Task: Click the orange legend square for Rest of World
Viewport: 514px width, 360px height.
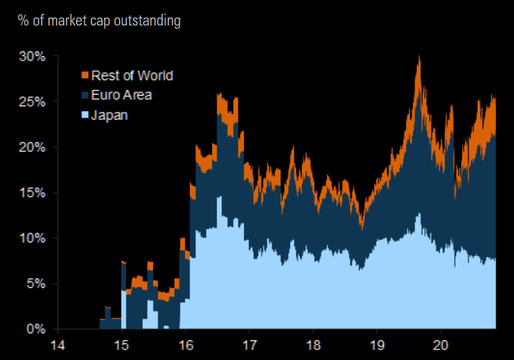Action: [x=84, y=75]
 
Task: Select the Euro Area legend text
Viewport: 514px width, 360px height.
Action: [x=122, y=95]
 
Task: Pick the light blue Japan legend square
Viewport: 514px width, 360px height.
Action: [x=84, y=115]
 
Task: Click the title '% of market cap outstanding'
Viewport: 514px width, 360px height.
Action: [x=99, y=21]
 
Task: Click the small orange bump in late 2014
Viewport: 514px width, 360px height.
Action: [x=107, y=307]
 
